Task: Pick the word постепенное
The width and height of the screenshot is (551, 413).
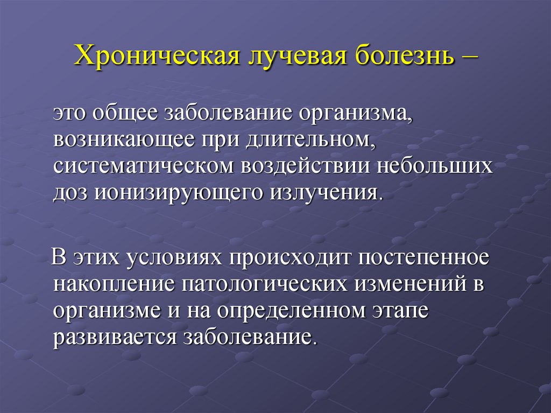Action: point(421,258)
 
